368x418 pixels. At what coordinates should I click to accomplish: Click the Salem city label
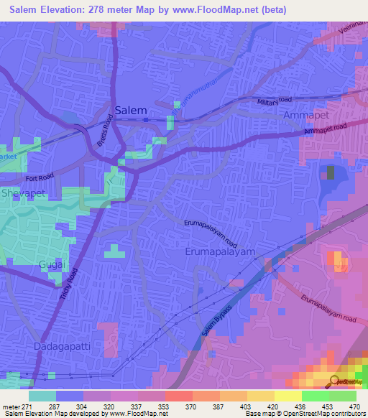(131, 110)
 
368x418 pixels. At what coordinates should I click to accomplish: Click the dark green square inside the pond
(331, 172)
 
